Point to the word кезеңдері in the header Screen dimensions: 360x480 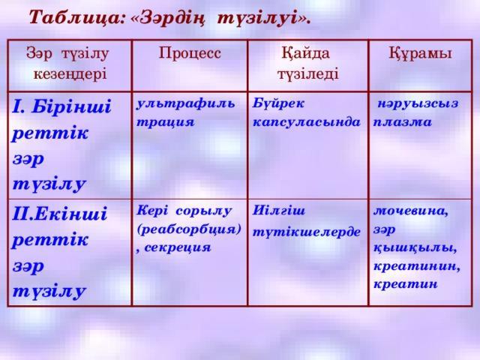click(69, 74)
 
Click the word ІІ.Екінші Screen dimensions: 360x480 click(60, 212)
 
